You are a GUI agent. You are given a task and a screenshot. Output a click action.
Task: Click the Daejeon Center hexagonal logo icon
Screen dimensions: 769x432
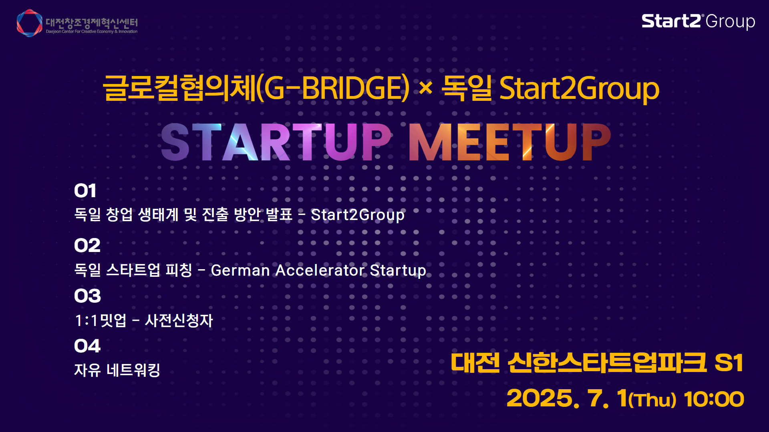click(30, 23)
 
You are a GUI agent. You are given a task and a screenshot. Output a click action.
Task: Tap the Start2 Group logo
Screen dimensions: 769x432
click(698, 22)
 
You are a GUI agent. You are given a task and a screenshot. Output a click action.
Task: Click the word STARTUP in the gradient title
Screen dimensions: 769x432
click(276, 142)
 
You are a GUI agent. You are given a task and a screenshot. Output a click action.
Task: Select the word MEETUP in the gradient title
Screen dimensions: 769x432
click(509, 142)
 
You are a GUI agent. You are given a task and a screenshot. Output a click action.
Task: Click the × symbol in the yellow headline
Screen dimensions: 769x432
click(425, 88)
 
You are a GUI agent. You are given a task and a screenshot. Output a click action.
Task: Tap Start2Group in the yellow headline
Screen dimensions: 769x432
click(579, 89)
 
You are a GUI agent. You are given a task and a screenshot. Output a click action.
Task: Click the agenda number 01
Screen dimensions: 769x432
click(85, 191)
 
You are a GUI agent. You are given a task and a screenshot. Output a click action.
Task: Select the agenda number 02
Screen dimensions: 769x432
click(87, 245)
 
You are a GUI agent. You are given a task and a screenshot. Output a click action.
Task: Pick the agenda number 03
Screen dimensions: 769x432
click(87, 296)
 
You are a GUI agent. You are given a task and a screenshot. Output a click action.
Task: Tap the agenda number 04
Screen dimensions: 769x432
click(87, 346)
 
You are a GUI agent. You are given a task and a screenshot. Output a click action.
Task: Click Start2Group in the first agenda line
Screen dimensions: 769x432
click(358, 215)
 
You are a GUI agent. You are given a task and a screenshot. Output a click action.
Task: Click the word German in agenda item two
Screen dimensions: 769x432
click(240, 270)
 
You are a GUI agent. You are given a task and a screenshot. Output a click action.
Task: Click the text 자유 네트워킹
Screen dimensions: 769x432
click(117, 370)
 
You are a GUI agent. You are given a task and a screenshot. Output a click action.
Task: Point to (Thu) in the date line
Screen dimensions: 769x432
click(652, 400)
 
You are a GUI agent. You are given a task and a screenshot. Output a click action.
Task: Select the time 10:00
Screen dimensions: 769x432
click(714, 399)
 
